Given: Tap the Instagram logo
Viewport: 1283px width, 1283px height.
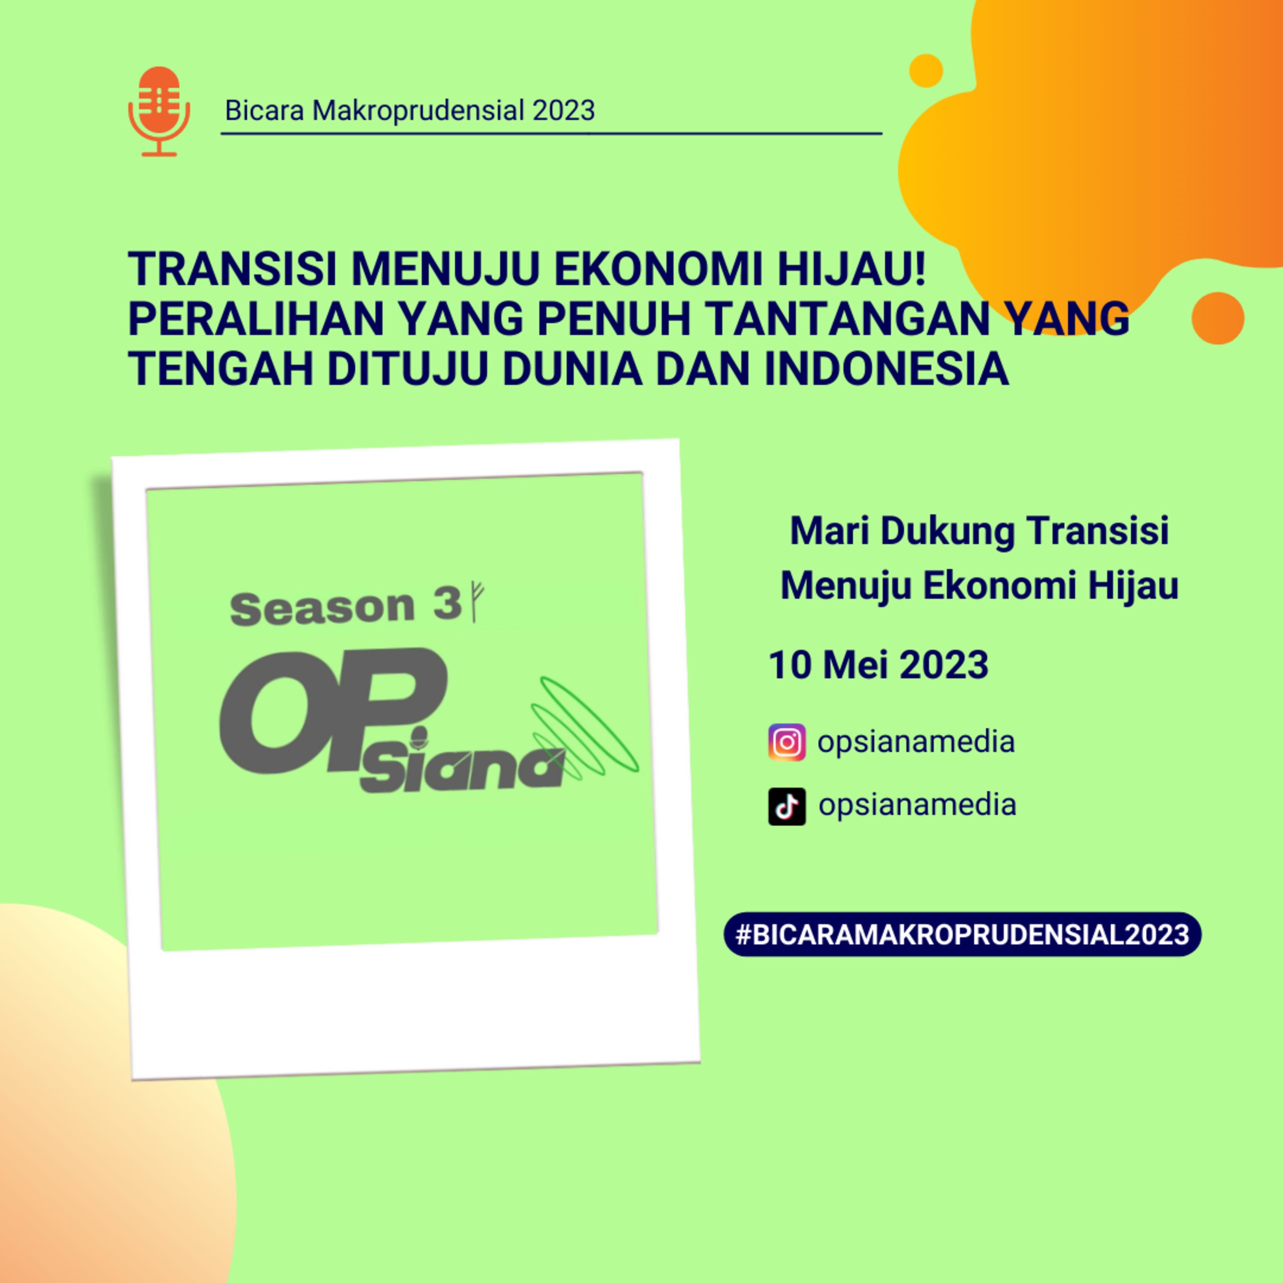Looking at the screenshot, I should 787,742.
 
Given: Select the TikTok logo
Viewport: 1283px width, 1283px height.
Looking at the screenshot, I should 787,806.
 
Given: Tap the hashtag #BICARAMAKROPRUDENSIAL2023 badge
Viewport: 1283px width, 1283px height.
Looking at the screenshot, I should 962,934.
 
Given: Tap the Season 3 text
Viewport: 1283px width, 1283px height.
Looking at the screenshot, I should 345,607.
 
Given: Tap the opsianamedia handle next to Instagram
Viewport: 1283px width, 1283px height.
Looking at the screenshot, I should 916,742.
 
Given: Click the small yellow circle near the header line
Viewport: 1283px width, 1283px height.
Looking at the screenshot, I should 926,71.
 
